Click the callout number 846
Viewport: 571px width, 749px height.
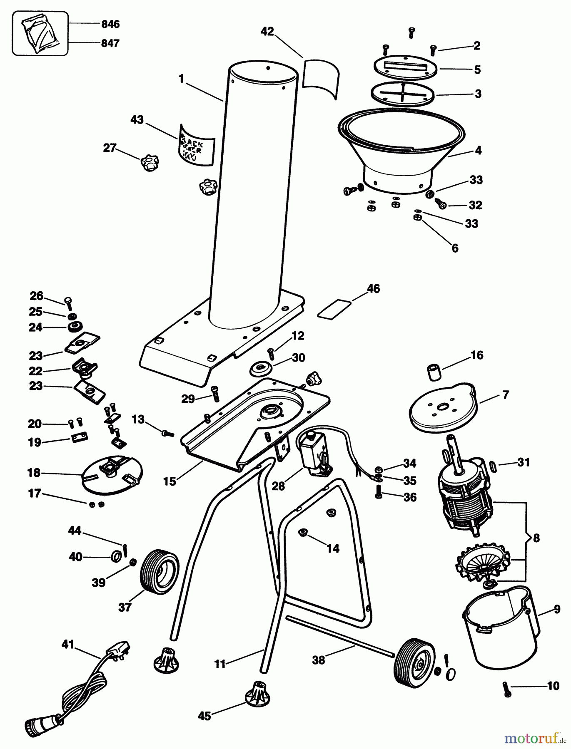pos(110,25)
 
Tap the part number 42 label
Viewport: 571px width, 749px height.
pos(267,32)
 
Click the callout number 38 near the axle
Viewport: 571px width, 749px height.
pos(319,660)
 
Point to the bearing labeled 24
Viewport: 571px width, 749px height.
pos(75,327)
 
